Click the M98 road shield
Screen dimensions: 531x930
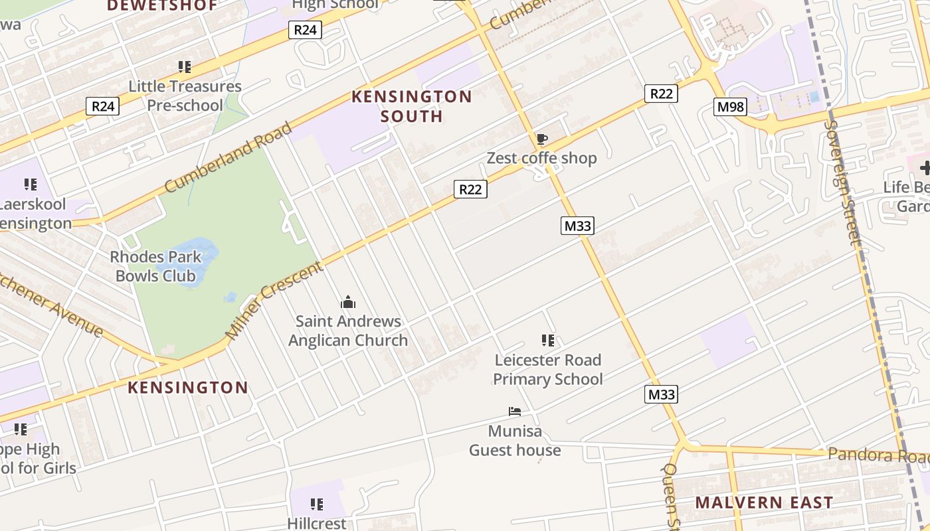730,106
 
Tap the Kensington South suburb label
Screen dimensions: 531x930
411,106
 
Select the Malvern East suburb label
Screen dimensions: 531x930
764,502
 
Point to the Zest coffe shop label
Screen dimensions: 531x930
541,158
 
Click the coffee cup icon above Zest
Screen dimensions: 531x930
541,139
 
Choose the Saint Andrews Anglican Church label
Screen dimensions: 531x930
348,331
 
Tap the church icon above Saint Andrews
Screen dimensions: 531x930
348,303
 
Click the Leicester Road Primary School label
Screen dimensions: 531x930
548,370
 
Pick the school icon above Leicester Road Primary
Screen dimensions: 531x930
548,341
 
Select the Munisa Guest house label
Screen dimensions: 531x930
515,441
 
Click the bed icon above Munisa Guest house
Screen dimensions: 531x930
515,412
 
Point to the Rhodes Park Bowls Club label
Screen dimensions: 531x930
155,266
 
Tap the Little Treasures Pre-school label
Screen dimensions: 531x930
185,96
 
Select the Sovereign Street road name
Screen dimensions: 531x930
843,182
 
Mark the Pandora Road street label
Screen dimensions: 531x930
877,456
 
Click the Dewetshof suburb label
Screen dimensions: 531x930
162,6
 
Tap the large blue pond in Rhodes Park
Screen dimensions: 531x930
195,260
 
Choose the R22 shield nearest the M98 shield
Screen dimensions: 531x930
660,94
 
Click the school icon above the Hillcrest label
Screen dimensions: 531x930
317,504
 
